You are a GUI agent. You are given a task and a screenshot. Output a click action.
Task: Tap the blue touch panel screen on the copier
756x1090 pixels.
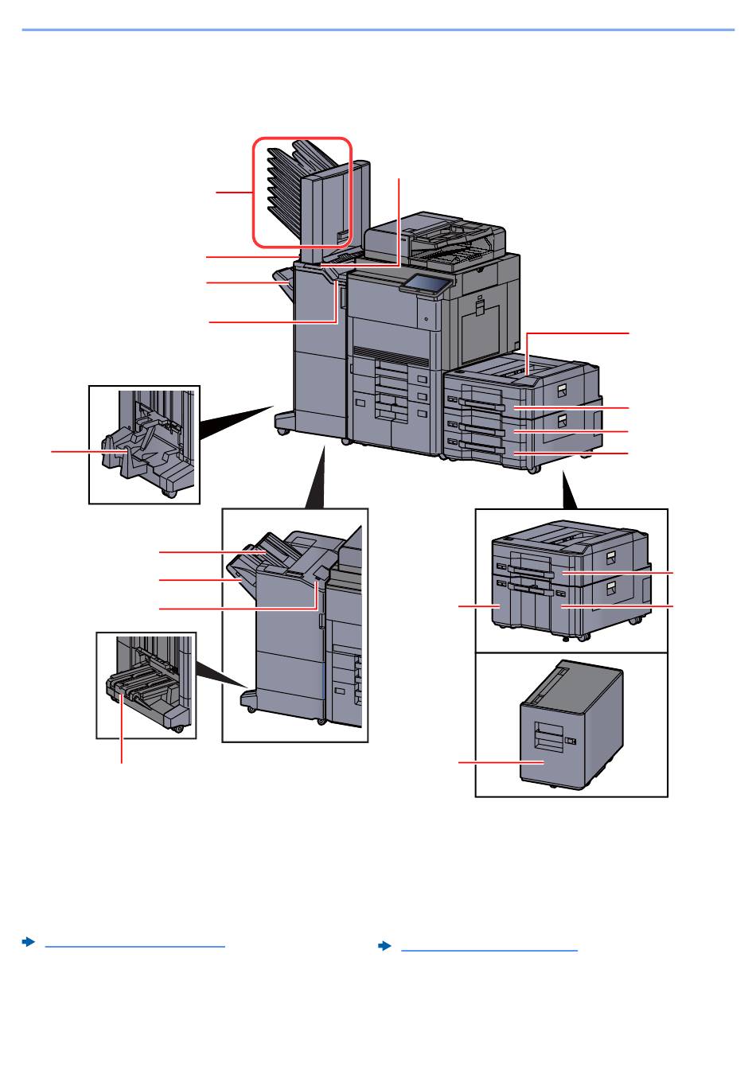428,283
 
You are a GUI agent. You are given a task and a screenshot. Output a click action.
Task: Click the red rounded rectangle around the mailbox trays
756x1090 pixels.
302,192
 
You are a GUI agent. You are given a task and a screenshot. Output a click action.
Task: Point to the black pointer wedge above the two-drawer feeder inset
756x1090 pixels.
570,492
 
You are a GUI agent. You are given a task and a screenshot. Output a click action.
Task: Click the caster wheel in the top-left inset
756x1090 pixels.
169,493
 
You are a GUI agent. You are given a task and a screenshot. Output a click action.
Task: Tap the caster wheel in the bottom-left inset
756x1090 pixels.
176,728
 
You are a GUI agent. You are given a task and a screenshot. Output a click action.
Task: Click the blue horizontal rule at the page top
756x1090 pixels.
378,30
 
